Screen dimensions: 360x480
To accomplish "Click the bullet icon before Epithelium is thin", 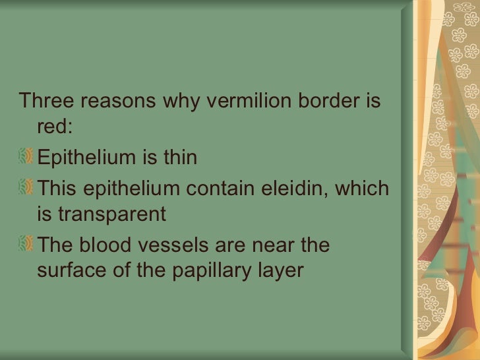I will coord(27,158).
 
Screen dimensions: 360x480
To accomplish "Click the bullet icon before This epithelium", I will coord(27,188).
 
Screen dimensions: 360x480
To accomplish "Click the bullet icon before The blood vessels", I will coord(27,245).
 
